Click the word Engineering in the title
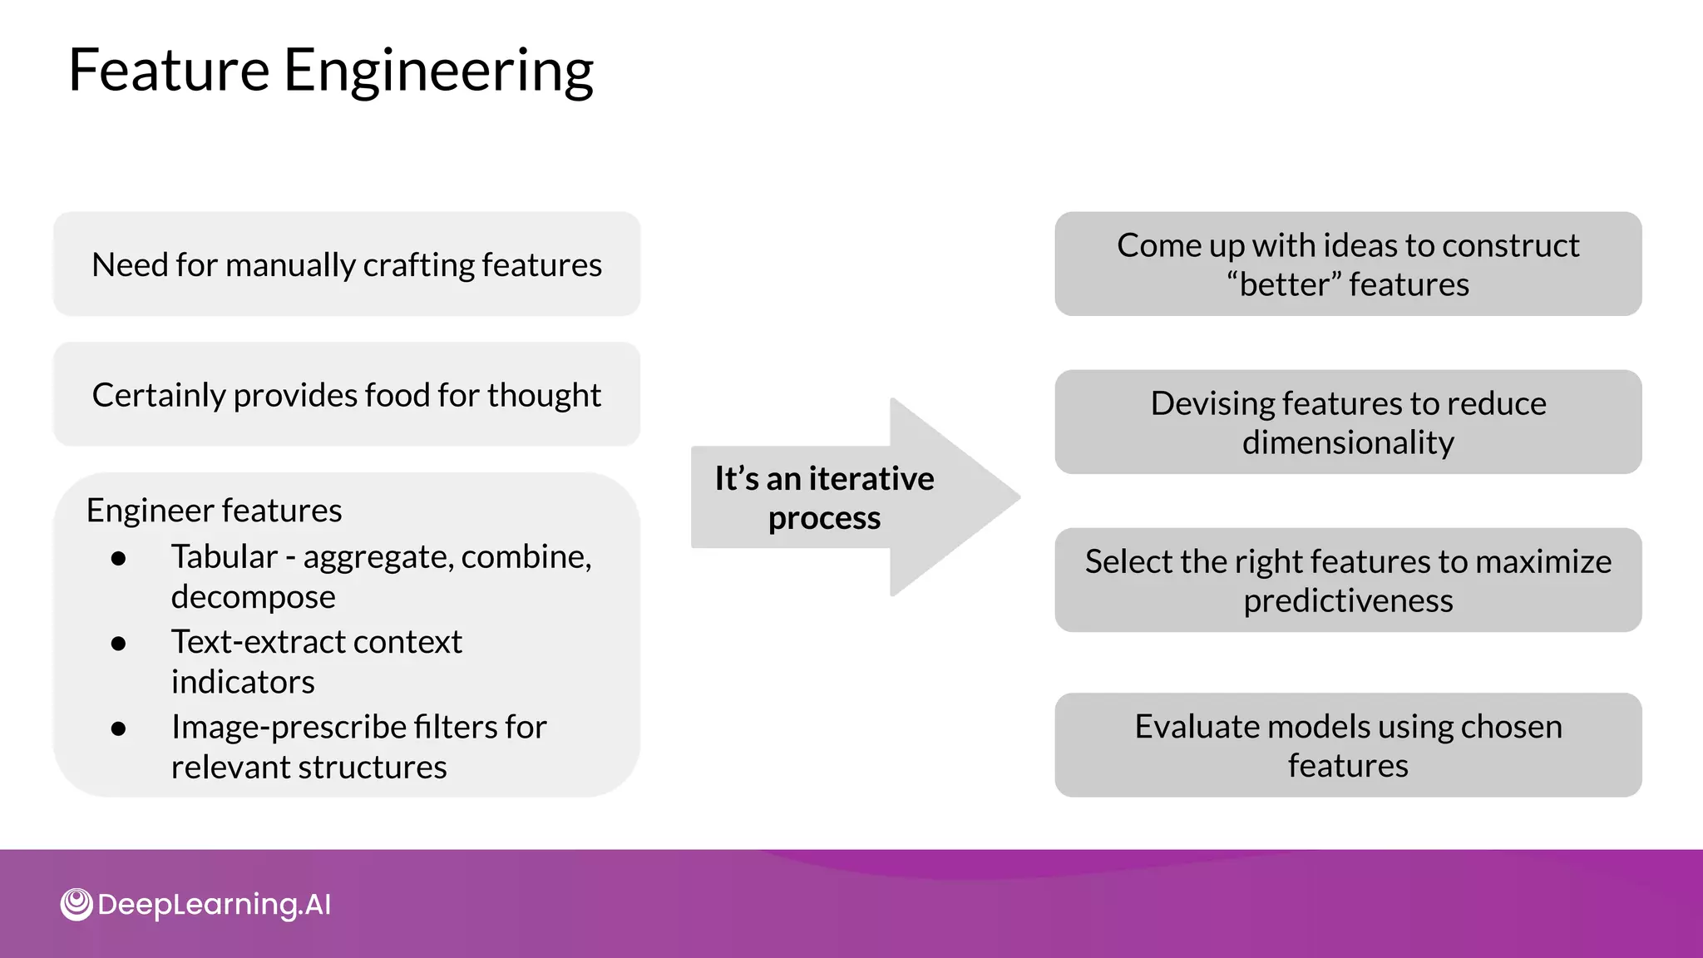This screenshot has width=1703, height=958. tap(438, 72)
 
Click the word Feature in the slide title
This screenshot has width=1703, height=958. tap(169, 70)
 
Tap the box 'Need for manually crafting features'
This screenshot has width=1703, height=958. tap(347, 264)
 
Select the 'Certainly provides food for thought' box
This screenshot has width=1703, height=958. tap(347, 395)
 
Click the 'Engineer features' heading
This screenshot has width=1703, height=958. tap(214, 510)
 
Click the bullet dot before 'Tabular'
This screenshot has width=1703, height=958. tap(118, 558)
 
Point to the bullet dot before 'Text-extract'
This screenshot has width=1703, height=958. tap(118, 643)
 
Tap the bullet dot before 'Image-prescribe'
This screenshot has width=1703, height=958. tap(118, 728)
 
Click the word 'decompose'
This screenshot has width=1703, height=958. tap(253, 597)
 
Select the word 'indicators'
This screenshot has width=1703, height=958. tap(243, 682)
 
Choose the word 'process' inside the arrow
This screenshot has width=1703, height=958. tap(824, 518)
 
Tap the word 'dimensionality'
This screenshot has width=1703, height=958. tap(1348, 442)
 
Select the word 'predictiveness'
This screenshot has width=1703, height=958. tap(1348, 600)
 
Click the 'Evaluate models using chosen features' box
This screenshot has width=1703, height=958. tap(1348, 745)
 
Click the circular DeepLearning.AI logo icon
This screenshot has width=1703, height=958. tap(77, 904)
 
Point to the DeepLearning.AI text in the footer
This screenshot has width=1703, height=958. tap(214, 904)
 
